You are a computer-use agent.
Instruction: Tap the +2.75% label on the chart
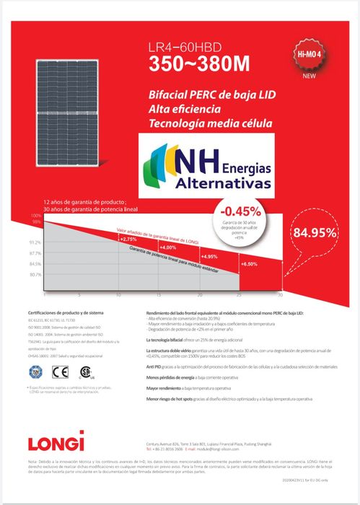coord(128,239)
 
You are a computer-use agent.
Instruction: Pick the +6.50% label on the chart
coord(247,265)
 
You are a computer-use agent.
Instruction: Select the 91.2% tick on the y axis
coord(35,242)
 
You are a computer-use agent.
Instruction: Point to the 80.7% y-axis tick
coord(35,275)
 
